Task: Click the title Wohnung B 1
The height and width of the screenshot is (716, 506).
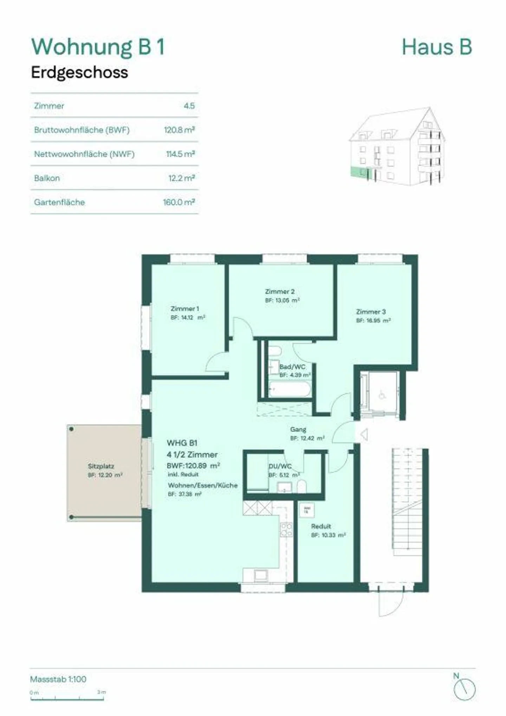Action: (x=98, y=47)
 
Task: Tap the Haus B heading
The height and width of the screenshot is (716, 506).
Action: (x=436, y=47)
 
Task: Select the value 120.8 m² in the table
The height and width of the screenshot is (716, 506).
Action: (x=179, y=130)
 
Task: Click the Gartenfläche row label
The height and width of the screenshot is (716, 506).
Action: (x=59, y=202)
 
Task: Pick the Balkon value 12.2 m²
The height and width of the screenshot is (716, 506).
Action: (x=181, y=178)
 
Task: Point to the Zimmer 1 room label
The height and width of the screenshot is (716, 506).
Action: (x=185, y=309)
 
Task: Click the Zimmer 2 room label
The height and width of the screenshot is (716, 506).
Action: (x=280, y=291)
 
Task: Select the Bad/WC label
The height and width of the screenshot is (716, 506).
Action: (x=292, y=367)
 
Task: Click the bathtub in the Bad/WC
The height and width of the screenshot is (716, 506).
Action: (x=290, y=390)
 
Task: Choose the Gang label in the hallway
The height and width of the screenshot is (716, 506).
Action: (x=298, y=429)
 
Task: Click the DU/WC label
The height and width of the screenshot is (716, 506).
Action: (x=280, y=466)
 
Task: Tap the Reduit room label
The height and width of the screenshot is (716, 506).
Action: (x=321, y=526)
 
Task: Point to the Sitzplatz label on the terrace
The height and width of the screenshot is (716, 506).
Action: (x=101, y=466)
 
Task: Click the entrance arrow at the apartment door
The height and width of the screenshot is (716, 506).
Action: (x=364, y=435)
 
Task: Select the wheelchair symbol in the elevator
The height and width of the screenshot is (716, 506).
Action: (x=382, y=395)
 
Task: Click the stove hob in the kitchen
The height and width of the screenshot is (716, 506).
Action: (x=286, y=530)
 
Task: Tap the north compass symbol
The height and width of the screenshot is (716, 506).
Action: (x=464, y=690)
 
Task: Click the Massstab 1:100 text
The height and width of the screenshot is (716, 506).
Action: (x=58, y=679)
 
